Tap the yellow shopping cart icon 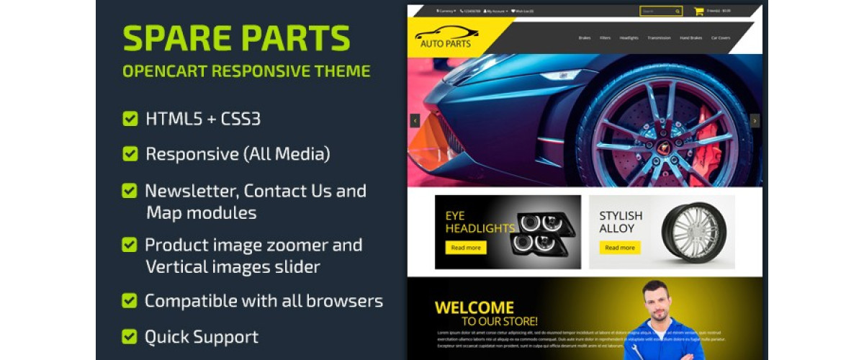tap(698, 11)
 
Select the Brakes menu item tap(585, 37)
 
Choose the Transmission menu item tap(659, 37)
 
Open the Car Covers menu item tap(720, 37)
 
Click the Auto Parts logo tap(446, 38)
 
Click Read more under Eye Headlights tap(466, 248)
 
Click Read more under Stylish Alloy tap(619, 248)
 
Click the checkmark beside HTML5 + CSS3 tap(130, 119)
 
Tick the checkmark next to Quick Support tap(130, 336)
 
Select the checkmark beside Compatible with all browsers tap(130, 300)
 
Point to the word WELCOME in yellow tap(474, 308)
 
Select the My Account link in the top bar tap(495, 11)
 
